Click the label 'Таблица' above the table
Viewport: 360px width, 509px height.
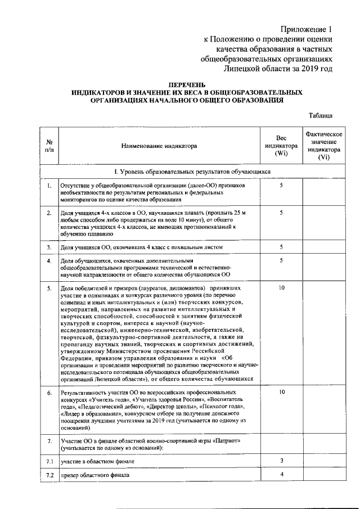[x=321, y=115]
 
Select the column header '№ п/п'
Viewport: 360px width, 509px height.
[x=49, y=146]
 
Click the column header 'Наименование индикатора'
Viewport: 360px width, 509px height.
[x=159, y=146]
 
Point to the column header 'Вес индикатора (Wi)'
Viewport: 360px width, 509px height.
[x=281, y=146]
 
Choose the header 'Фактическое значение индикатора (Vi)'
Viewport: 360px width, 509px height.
[x=323, y=146]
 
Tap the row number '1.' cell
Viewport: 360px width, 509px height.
[x=49, y=186]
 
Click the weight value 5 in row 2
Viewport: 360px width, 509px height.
[x=281, y=213]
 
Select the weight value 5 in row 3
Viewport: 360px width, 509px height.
[x=281, y=247]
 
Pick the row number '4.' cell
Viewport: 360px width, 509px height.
[x=49, y=261]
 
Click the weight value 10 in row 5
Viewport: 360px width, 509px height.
[x=281, y=287]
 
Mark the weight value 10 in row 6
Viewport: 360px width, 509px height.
[x=281, y=391]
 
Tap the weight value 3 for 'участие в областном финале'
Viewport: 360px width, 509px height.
[x=281, y=461]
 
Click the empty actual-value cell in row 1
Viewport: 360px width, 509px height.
[x=323, y=192]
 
